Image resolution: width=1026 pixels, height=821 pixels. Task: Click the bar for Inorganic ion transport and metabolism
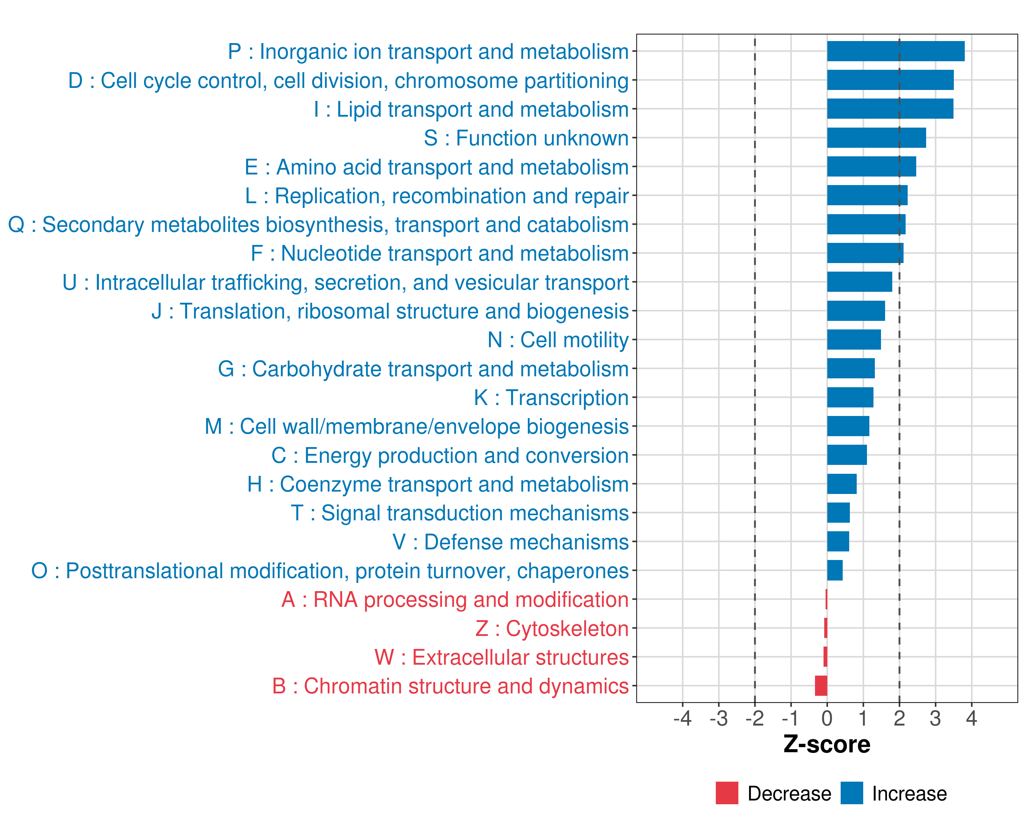pyautogui.click(x=896, y=51)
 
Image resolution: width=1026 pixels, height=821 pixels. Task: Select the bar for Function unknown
pyautogui.click(x=876, y=138)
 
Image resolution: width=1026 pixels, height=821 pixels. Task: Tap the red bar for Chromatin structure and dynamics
pyautogui.click(x=821, y=686)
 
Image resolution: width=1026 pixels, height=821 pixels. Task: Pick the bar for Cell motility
pyautogui.click(x=854, y=340)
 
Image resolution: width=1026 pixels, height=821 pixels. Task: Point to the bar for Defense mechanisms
pyautogui.click(x=838, y=542)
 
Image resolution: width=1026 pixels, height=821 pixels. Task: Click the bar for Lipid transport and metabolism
pyautogui.click(x=890, y=109)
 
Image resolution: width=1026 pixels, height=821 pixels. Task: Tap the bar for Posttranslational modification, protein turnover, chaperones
pyautogui.click(x=835, y=571)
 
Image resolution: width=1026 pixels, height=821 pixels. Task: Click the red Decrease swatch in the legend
pyautogui.click(x=727, y=793)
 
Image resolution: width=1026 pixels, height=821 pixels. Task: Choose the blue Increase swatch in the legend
pyautogui.click(x=851, y=793)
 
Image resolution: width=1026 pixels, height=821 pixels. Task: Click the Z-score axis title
pyautogui.click(x=827, y=744)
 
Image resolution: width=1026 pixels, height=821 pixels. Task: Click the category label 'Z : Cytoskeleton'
pyautogui.click(x=552, y=629)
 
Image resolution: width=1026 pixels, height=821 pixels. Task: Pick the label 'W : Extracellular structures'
pyautogui.click(x=502, y=657)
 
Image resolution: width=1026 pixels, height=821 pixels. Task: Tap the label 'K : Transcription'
pyautogui.click(x=551, y=398)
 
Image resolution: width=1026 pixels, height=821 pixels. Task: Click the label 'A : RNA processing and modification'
pyautogui.click(x=455, y=600)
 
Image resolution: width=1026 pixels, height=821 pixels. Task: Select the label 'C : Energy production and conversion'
pyautogui.click(x=450, y=455)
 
